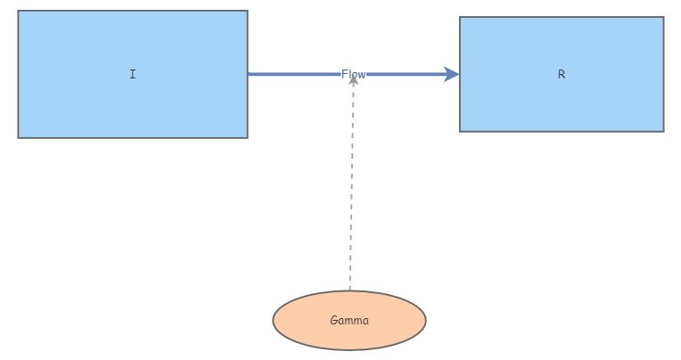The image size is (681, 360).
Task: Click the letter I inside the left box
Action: (133, 75)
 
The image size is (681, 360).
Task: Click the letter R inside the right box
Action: (562, 75)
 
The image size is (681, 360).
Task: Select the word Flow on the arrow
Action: (353, 75)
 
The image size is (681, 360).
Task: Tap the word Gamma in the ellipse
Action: (349, 321)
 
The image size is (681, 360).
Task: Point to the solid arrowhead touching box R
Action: (453, 75)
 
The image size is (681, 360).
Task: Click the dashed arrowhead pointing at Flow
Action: (353, 80)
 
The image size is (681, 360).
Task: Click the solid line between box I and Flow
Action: (294, 75)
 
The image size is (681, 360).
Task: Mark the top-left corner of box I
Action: (19, 12)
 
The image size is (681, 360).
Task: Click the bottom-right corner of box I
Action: (247, 137)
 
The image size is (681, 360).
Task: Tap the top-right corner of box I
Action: (247, 12)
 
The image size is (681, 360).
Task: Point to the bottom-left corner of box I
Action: (19, 137)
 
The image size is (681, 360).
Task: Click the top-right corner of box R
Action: (663, 17)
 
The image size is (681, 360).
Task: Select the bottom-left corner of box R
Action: (460, 131)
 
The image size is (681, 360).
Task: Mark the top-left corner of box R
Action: (460, 17)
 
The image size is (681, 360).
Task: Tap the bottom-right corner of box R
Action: (663, 131)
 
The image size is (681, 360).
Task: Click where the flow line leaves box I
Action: (248, 75)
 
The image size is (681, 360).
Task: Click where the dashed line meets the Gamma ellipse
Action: (350, 290)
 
